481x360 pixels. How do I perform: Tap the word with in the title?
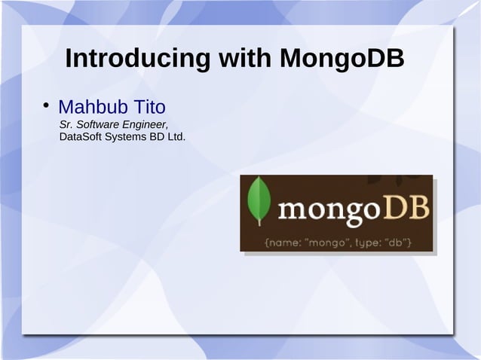246,59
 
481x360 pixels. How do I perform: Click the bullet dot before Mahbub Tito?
46,104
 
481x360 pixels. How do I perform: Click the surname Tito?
149,107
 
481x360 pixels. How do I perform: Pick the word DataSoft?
80,138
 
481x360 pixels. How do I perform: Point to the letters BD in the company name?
156,138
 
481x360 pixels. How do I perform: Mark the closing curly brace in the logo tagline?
409,243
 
